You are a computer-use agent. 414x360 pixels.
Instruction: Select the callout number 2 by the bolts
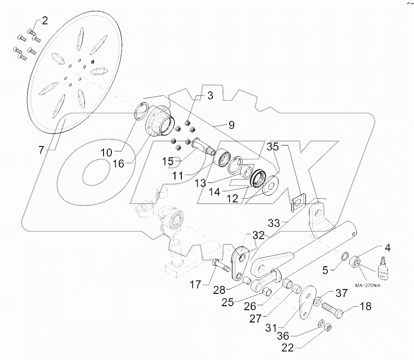(45, 21)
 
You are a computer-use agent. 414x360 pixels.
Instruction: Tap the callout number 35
(273, 147)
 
